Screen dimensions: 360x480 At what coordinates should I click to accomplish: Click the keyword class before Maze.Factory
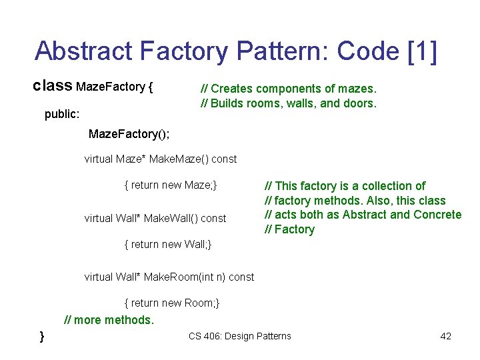[x=53, y=86]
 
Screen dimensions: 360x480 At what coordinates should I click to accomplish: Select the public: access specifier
[x=62, y=114]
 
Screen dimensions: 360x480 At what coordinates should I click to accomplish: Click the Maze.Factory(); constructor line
[x=129, y=134]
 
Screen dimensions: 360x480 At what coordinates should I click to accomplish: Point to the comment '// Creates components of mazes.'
[x=289, y=89]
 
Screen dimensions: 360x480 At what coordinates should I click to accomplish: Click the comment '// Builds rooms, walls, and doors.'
[x=289, y=103]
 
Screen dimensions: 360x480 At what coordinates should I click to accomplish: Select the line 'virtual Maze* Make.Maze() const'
[x=160, y=159]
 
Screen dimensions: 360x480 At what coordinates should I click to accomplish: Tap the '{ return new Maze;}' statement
[x=171, y=185]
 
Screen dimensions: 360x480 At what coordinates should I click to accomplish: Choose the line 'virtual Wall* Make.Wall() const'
[x=155, y=218]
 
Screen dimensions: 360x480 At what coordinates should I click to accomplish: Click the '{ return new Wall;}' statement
[x=168, y=244]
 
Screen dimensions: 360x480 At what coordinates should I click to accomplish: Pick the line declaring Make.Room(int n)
[x=169, y=277]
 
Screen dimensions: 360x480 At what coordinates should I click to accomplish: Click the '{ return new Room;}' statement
[x=172, y=303]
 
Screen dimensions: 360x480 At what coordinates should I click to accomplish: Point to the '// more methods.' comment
[x=109, y=320]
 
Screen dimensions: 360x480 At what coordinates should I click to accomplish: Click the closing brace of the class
[x=42, y=336]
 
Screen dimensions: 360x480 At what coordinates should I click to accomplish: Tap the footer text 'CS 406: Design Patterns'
[x=240, y=336]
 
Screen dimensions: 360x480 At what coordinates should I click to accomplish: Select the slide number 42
[x=446, y=336]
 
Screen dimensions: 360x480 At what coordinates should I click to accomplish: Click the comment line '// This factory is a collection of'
[x=345, y=186]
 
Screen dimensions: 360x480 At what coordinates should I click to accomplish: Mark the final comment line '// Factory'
[x=289, y=229]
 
